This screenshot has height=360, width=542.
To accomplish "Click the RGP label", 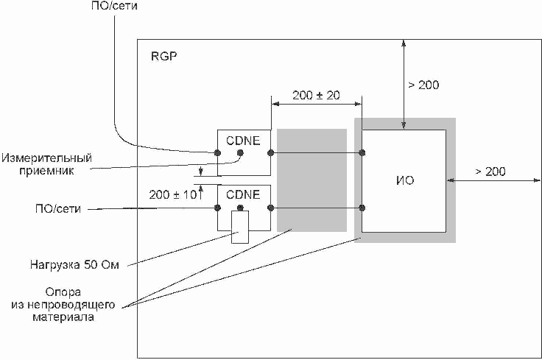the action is coord(163,56).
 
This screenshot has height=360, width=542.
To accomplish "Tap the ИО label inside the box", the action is coord(405,180).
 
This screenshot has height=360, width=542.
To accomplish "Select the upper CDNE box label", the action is coord(243,141).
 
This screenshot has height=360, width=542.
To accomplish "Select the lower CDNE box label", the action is coord(243,194).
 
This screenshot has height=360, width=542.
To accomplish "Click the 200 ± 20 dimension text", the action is coord(316,96).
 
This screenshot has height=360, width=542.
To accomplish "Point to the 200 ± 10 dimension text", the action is coord(173,195).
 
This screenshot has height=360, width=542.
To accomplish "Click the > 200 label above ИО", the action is coord(423,85).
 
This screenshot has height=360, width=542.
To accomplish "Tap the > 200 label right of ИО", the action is coord(490,172).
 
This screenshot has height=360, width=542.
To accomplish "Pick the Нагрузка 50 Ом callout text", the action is coord(74,265).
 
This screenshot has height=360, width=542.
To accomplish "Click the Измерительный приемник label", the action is coord(46,164).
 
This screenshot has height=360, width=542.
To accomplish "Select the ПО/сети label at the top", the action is coord(114,6).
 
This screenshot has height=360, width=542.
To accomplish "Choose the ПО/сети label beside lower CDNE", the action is coord(58,208).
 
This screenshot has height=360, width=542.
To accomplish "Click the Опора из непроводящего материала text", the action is coord(63,305).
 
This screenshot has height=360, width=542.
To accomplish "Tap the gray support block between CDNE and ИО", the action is coord(312,180).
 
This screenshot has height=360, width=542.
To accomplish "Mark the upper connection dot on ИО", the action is coord(362,152).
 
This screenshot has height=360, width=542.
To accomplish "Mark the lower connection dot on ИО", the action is coord(362,208).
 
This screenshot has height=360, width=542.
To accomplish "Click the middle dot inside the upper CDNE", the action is coord(240,152).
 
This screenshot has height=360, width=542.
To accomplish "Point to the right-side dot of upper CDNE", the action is coord(271,152).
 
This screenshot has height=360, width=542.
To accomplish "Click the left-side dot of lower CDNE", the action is coord(217,208).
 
